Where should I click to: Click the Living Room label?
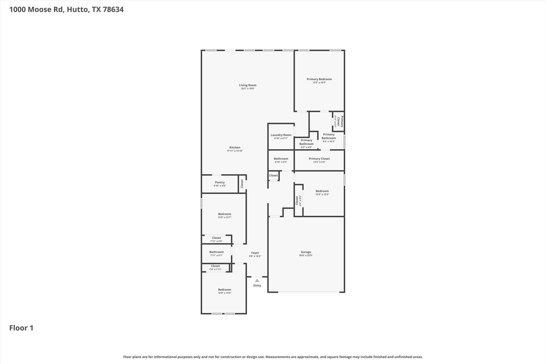pos(247,85)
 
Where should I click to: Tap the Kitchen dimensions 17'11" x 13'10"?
pos(235,151)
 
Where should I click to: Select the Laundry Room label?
pos(281,135)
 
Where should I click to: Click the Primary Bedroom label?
pos(319,79)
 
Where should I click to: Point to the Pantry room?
pos(220,184)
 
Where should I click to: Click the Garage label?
pos(306,252)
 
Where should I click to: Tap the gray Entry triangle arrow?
pos(257,281)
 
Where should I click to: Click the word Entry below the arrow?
pos(257,286)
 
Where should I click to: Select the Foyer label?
pos(255,253)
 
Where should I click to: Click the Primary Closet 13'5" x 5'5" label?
pos(319,160)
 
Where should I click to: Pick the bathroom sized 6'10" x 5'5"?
pos(281,160)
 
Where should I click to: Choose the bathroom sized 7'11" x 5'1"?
pos(216,253)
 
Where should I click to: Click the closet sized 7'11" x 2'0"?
pos(216,239)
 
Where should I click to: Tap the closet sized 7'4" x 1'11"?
pos(215,267)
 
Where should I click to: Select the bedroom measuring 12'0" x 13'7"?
pos(224,215)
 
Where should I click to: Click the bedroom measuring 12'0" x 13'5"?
pos(224,291)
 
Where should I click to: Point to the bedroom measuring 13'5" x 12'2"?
pos(322,193)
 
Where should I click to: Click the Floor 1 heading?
pos(21,328)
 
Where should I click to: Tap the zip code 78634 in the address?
pos(113,10)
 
